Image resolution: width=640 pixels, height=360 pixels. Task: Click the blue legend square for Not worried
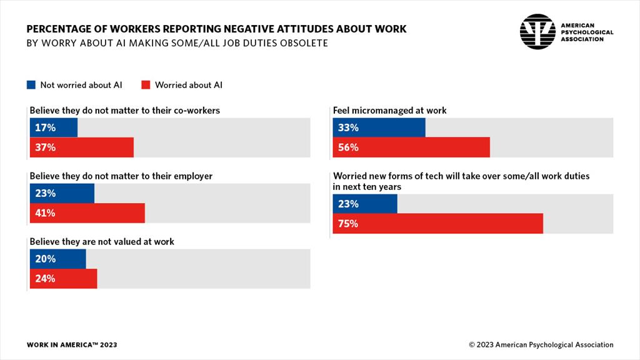tap(31, 84)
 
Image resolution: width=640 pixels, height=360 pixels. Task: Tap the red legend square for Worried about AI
tap(146, 84)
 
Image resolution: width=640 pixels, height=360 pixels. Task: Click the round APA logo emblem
tap(537, 31)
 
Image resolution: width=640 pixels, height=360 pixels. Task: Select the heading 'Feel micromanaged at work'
tap(390, 111)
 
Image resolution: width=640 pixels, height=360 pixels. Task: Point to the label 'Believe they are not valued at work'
tap(102, 241)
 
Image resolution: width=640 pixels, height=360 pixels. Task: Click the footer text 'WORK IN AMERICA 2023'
tap(72, 345)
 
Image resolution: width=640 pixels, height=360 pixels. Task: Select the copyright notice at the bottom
tap(541, 345)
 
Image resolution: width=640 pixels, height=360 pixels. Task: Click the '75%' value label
tap(348, 223)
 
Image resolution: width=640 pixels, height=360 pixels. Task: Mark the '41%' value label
tap(45, 213)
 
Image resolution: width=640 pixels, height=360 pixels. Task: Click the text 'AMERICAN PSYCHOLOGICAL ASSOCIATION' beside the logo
tap(587, 32)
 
